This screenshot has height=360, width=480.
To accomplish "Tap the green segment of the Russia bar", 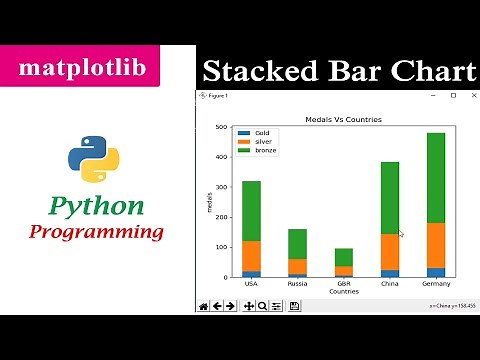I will (x=297, y=244).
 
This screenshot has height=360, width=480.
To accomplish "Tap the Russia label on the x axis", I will (x=297, y=284).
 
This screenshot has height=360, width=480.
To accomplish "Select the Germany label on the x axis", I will (x=435, y=284).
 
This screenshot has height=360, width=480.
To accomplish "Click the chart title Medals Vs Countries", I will (x=343, y=120).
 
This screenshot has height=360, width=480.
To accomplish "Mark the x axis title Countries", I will (x=343, y=292).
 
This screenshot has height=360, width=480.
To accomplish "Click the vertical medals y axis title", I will (x=210, y=203).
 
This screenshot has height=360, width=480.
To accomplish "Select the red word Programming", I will (x=96, y=232).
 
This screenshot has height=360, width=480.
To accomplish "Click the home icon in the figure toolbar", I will (x=204, y=306).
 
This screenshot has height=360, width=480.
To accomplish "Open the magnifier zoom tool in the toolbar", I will (x=262, y=306).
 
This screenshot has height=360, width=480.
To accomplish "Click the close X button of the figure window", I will (x=469, y=96).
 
